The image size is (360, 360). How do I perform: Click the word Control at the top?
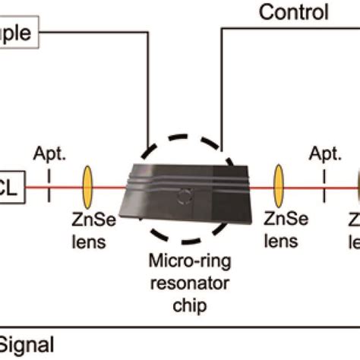293,11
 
